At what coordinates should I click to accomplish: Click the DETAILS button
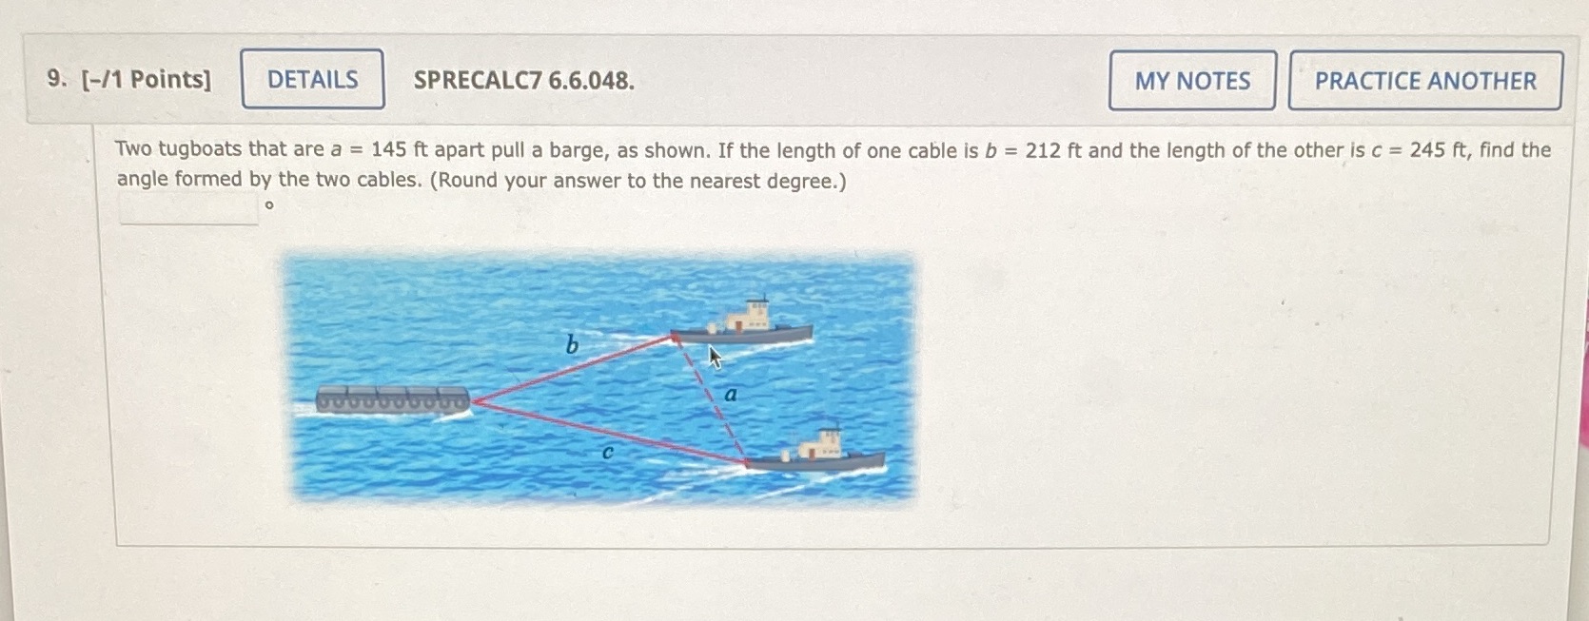click(312, 80)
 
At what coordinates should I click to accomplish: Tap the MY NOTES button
click(1191, 81)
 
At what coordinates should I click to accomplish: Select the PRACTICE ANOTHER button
click(1424, 81)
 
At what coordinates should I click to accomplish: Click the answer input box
click(188, 208)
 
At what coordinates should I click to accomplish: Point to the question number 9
click(55, 79)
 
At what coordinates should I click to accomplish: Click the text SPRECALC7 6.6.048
click(523, 81)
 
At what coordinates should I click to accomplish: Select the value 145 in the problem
click(388, 150)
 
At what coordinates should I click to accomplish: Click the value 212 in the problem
click(1042, 150)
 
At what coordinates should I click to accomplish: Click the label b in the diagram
click(571, 344)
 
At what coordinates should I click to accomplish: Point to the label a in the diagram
click(731, 394)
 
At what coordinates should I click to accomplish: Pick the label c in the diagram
click(607, 453)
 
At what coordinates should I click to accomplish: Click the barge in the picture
click(392, 399)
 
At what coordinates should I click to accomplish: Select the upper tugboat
click(747, 323)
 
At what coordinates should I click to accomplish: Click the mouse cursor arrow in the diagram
click(715, 357)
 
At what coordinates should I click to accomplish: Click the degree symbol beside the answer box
click(269, 205)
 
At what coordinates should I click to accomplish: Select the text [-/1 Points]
click(147, 79)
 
